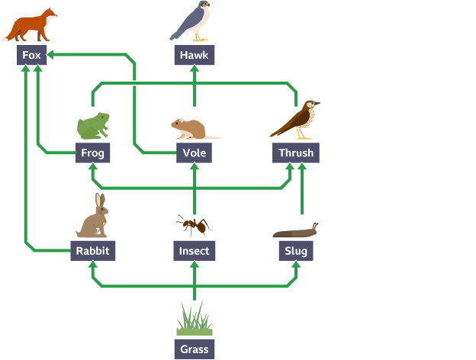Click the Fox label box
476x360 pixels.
coord(32,55)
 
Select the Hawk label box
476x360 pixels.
coord(194,55)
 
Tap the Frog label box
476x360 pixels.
coord(92,153)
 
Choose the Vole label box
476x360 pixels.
coord(194,153)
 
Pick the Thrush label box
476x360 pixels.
coord(295,153)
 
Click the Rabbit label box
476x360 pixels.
coord(92,250)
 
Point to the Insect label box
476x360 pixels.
coord(194,250)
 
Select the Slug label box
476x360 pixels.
coord(295,250)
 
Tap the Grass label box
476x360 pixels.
coord(194,349)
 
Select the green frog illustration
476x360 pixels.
coord(93,125)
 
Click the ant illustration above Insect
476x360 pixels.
coord(193,225)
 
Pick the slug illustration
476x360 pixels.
coord(296,230)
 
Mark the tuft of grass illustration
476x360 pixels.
coord(194,320)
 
